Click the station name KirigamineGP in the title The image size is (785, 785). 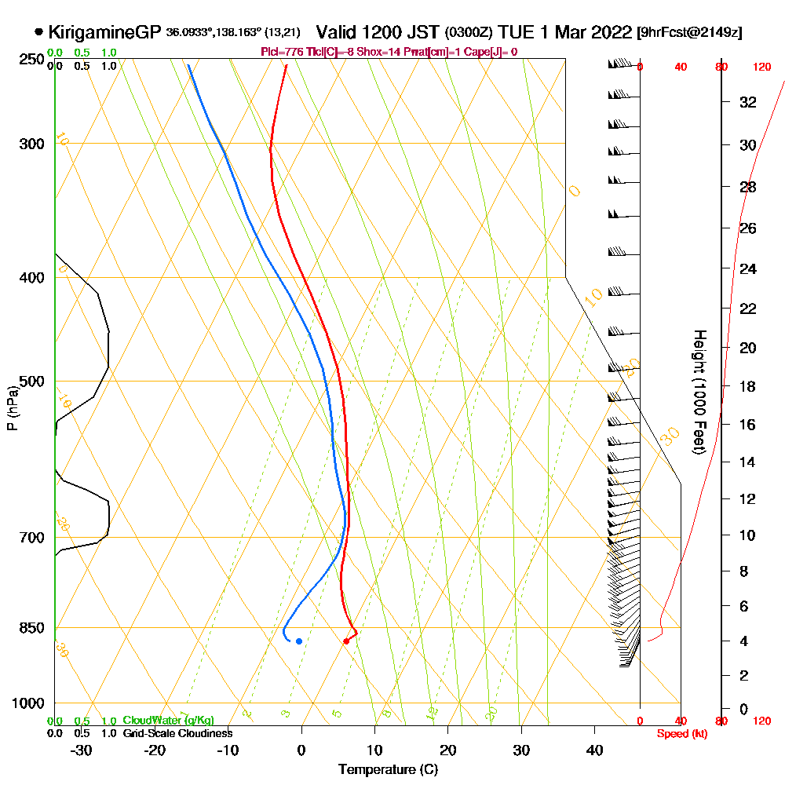105,32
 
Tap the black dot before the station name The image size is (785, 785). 38,32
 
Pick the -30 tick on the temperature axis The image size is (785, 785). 81,750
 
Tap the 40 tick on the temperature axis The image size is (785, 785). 594,750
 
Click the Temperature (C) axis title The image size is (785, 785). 388,769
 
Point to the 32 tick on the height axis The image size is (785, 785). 748,102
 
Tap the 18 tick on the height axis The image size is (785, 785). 748,386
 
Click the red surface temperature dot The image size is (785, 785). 346,641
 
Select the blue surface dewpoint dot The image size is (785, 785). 298,641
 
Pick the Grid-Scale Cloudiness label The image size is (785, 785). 177,733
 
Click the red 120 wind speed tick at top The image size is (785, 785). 761,67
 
